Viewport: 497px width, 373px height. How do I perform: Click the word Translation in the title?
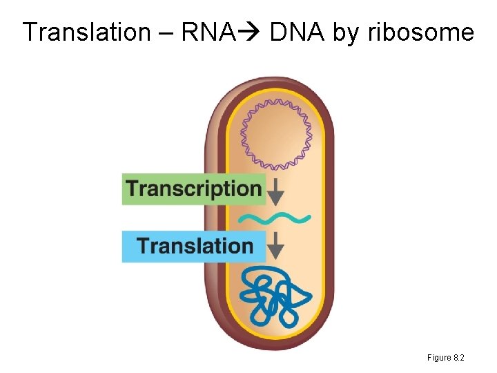pos(86,32)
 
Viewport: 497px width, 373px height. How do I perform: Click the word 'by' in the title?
pos(348,33)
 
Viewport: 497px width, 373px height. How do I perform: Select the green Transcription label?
pos(193,189)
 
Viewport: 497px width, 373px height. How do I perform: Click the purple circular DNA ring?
pos(276,134)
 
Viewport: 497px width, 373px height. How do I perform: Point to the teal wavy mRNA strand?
pos(275,219)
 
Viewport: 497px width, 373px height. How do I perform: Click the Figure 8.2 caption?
pos(445,358)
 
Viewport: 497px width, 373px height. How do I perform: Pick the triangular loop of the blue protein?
pos(298,296)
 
